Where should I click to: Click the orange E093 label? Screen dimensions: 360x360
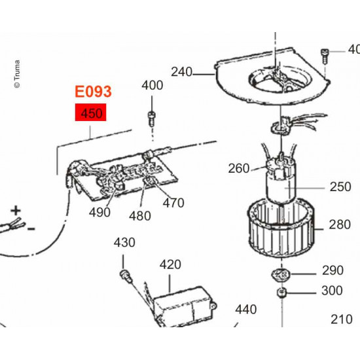(94, 92)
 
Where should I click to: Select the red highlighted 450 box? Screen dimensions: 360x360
(92, 114)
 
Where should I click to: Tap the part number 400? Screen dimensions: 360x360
(153, 85)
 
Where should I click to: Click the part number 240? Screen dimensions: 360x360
(182, 72)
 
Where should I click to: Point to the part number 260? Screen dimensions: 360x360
(239, 169)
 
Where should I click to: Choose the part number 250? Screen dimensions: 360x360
(340, 187)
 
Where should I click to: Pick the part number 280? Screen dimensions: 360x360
(340, 225)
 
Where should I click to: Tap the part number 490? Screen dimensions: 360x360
(100, 212)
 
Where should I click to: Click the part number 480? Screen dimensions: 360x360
(140, 216)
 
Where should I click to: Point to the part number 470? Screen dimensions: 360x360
(173, 203)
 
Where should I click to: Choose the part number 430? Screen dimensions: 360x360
(124, 243)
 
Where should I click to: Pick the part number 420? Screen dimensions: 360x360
(170, 264)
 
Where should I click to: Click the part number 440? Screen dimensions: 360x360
(246, 309)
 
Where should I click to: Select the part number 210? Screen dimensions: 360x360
(341, 319)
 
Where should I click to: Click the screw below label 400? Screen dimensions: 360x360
(151, 118)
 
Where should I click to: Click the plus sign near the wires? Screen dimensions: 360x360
(15, 211)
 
